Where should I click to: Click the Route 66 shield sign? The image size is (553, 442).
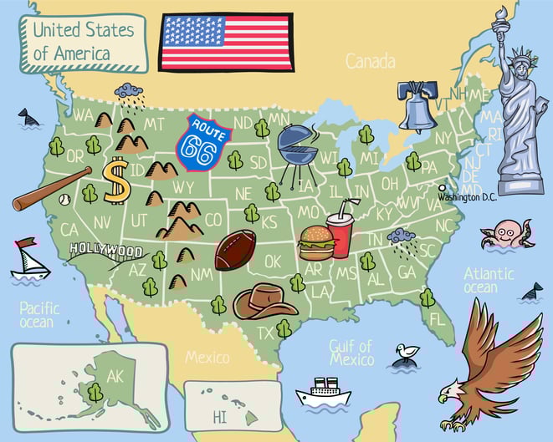coord(202,142)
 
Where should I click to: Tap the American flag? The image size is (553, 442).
coord(226,42)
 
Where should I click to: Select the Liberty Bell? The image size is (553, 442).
coord(417,106)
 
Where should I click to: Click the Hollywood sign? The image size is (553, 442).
coord(105,249)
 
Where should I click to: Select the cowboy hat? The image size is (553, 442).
coord(265,299)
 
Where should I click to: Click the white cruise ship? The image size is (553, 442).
coord(323,393)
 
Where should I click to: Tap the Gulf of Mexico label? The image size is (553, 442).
coord(351,352)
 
